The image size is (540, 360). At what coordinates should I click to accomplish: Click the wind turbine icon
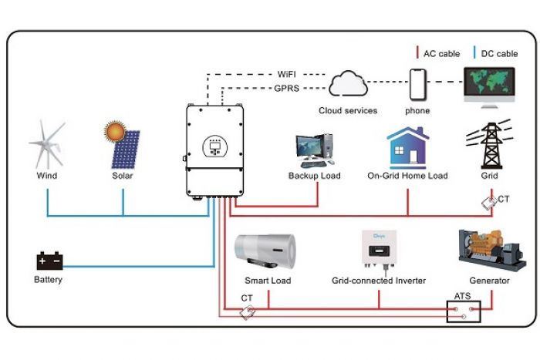click(47, 145)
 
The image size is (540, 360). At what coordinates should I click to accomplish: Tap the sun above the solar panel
click(115, 131)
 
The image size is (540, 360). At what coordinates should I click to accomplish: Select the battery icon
click(49, 261)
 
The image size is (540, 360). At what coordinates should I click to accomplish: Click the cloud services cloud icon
click(348, 83)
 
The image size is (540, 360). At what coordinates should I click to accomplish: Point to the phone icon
click(418, 85)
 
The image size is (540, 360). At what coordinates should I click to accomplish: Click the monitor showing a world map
click(489, 87)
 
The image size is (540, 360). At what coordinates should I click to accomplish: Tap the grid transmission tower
click(491, 144)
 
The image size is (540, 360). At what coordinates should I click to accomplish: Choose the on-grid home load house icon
click(408, 148)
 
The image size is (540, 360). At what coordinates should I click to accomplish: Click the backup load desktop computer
click(315, 151)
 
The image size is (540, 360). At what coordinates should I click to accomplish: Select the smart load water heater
click(265, 251)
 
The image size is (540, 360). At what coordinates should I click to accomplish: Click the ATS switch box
click(464, 311)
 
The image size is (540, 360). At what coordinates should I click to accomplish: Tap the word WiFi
click(286, 74)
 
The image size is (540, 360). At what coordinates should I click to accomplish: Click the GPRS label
click(286, 89)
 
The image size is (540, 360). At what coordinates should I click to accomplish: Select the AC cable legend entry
click(438, 53)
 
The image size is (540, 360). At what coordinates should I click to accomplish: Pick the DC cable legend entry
click(495, 53)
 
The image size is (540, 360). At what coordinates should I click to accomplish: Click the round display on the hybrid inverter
click(215, 146)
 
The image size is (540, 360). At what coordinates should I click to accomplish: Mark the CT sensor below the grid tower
click(489, 203)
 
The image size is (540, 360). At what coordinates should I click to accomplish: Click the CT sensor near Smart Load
click(248, 312)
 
